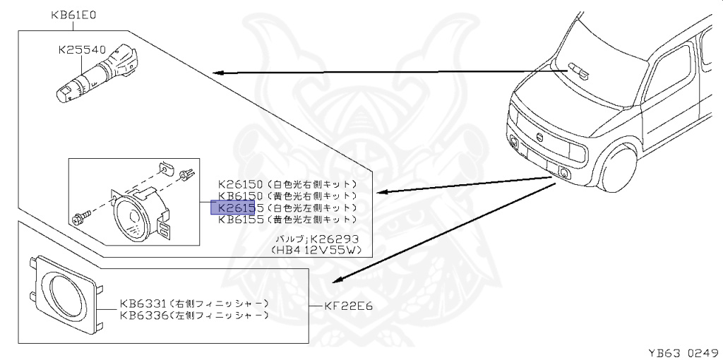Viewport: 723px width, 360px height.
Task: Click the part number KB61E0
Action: click(74, 14)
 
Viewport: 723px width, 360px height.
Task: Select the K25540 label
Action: click(82, 50)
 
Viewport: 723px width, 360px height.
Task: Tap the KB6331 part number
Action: click(143, 304)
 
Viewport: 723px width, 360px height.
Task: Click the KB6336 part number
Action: click(143, 315)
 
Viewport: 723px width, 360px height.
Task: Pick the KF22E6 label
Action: click(349, 306)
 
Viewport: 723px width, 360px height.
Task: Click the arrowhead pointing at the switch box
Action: click(218, 72)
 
